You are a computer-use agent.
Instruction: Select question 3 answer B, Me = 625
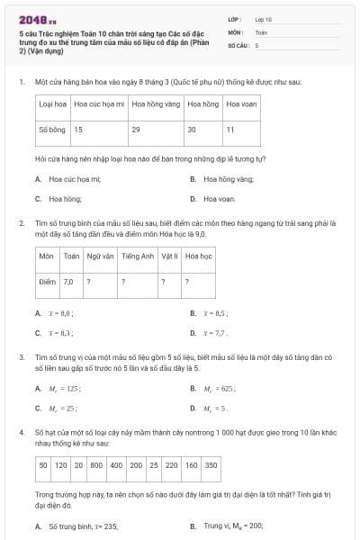(220, 388)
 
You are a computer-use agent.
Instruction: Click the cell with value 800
(95, 465)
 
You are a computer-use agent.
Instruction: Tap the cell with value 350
(211, 465)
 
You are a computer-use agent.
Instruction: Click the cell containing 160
(191, 465)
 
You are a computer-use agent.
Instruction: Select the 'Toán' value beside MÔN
(261, 31)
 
